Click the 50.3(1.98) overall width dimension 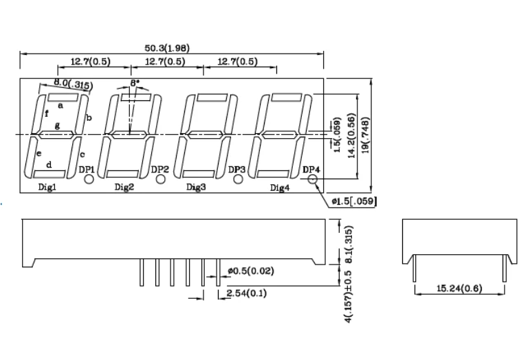pos(167,47)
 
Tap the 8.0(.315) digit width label pos(72,85)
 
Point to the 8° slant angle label pos(134,82)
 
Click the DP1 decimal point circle pos(89,179)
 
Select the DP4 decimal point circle pos(313,179)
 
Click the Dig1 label pos(47,187)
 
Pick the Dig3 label pos(196,187)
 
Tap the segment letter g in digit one pos(57,126)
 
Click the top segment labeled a pos(60,104)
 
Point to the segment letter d pos(49,165)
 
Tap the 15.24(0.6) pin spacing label pos(459,289)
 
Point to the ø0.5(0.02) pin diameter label pos(252,271)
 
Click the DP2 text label pos(160,169)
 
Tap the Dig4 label pos(280,187)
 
